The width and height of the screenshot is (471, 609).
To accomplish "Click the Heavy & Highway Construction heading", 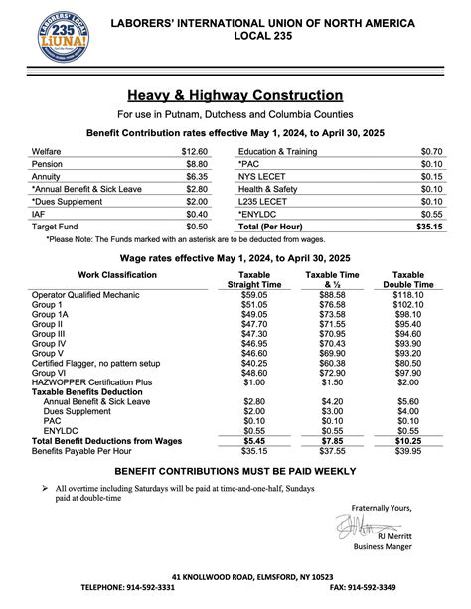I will (235, 95).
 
